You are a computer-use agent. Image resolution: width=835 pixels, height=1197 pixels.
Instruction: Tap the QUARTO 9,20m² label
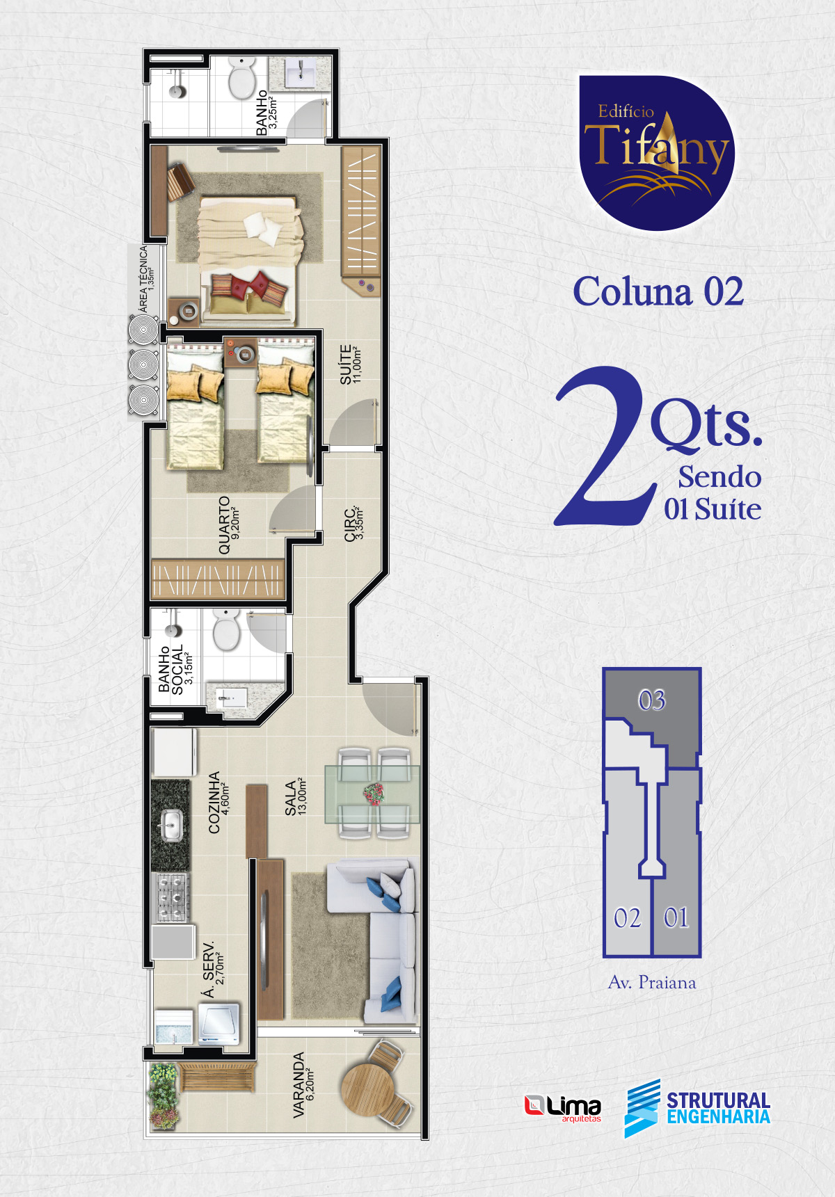[x=230, y=524]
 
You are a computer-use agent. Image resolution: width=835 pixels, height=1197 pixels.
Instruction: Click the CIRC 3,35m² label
[x=354, y=524]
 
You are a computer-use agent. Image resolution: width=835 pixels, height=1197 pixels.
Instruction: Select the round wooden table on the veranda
[x=369, y=1089]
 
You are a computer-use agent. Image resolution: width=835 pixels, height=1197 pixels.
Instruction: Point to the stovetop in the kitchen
[x=170, y=897]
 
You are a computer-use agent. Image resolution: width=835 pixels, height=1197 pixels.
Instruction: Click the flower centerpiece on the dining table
[x=374, y=794]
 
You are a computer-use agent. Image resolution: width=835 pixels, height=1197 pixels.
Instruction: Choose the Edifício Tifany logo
[x=656, y=153]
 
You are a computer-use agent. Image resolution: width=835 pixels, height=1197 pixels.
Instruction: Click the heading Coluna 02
[x=658, y=291]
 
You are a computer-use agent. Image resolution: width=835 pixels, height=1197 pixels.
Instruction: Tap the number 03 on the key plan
[x=652, y=700]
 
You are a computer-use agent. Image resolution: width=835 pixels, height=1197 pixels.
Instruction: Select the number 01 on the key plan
[x=676, y=918]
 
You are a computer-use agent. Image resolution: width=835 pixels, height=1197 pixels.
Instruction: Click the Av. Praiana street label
[x=652, y=982]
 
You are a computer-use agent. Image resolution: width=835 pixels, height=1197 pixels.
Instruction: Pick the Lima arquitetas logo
[x=562, y=1108]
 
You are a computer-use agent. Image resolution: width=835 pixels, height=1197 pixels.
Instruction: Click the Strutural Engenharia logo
[x=697, y=1108]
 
